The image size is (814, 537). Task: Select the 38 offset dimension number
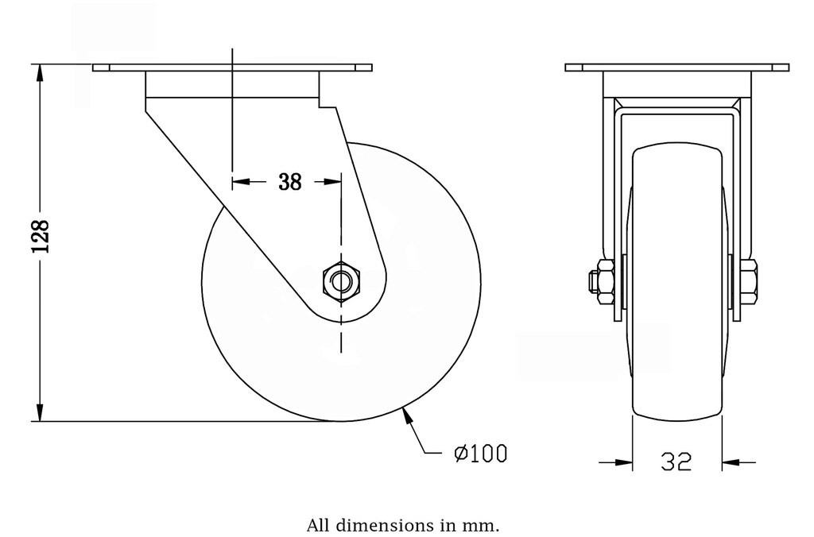tap(290, 182)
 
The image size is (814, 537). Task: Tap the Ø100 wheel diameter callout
tap(479, 454)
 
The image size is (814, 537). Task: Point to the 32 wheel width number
tap(676, 462)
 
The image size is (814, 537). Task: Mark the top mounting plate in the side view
tap(232, 68)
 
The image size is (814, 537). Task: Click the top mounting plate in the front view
tap(676, 68)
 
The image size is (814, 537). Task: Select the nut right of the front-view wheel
tap(749, 281)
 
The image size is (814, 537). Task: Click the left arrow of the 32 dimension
tap(624, 461)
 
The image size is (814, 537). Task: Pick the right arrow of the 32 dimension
tap(730, 461)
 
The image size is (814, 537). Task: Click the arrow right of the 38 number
tap(334, 182)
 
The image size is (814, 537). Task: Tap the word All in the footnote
tap(317, 525)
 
